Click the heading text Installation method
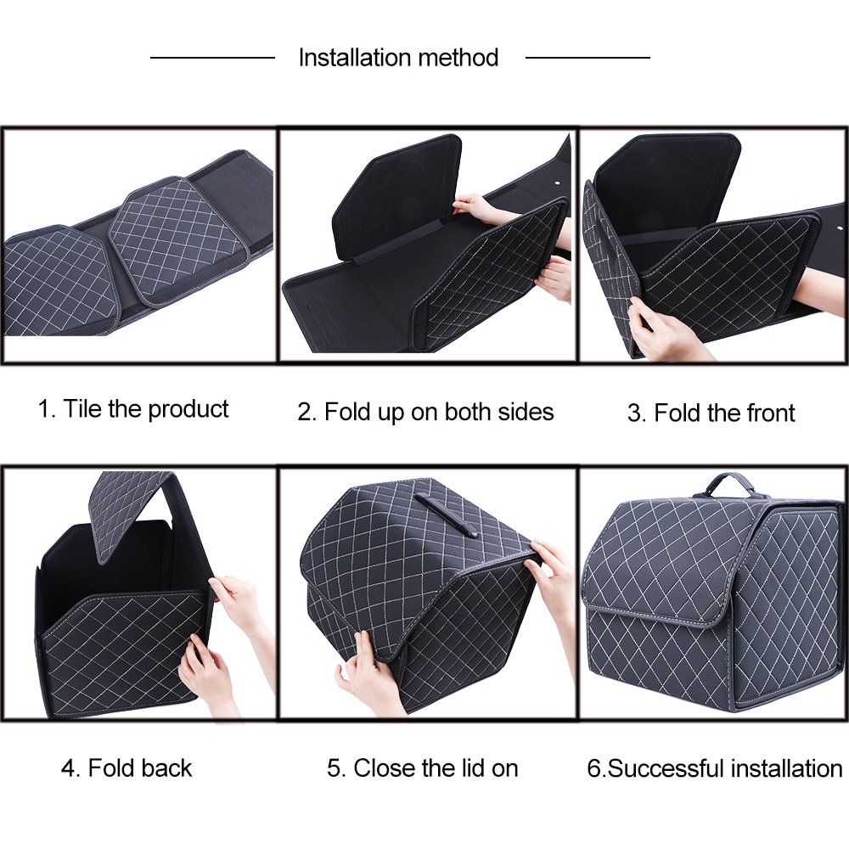(x=398, y=58)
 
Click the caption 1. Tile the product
(x=133, y=408)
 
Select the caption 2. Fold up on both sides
(x=425, y=413)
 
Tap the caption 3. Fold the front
(x=711, y=413)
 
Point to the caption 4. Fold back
(x=127, y=768)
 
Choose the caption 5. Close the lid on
(x=422, y=768)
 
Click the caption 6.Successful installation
(x=714, y=769)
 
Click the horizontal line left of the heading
(x=212, y=58)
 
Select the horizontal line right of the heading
(x=588, y=58)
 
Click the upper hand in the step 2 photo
(x=475, y=206)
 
